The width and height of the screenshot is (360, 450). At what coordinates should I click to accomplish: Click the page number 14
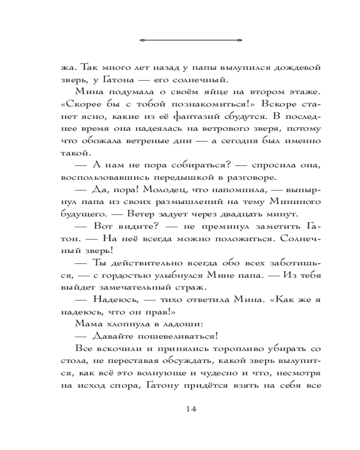pyautogui.click(x=190, y=409)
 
